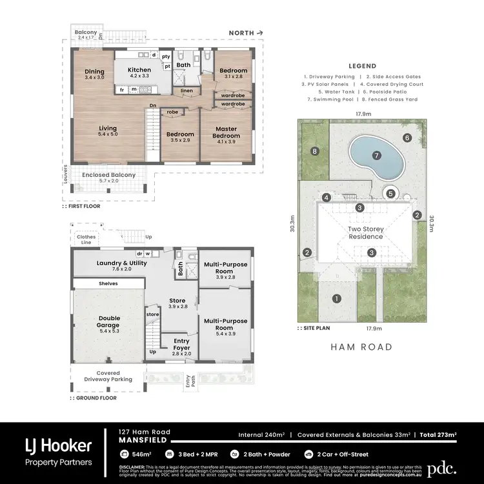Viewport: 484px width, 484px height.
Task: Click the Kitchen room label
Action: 139,70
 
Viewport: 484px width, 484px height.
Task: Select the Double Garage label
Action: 109,321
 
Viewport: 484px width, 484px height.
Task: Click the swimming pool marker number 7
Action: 374,156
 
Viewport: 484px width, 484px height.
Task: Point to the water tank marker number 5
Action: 390,193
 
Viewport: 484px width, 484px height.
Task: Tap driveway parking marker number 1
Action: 336,298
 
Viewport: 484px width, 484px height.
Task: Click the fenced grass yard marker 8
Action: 315,152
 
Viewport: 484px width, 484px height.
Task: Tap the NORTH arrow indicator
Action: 247,32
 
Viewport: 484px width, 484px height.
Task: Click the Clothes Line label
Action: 86,239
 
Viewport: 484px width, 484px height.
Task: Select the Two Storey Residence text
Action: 366,232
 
